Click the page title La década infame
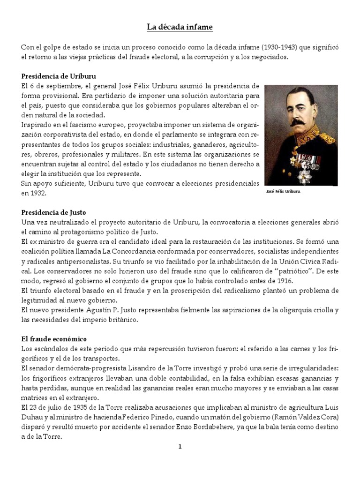pos(180,27)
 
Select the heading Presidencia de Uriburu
pos(59,75)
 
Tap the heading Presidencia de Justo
pos(54,212)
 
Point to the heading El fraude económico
pos(54,338)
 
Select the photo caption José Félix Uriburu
pos(283,191)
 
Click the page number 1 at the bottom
pos(180,447)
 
